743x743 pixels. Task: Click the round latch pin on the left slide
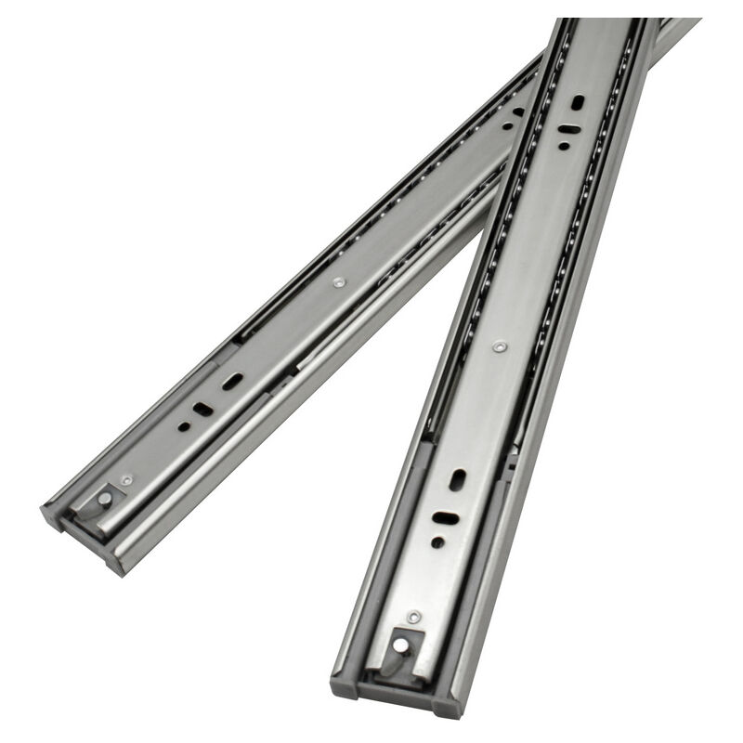click(x=105, y=499)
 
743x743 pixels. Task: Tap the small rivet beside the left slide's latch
click(x=127, y=480)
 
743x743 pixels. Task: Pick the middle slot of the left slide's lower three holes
click(x=202, y=408)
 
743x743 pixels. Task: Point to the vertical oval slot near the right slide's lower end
click(x=458, y=480)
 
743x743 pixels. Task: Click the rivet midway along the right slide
click(x=501, y=346)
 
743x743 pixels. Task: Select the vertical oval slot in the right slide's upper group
click(x=578, y=101)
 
